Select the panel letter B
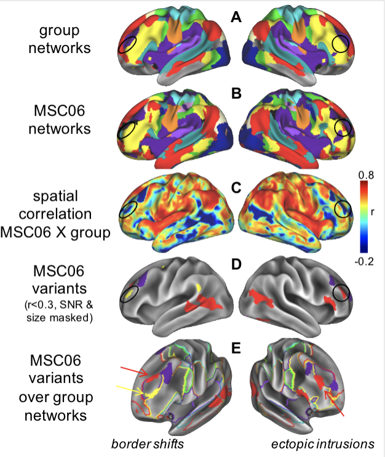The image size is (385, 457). coord(236,96)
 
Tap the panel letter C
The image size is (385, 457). coord(236,184)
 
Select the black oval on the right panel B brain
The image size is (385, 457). coord(342,127)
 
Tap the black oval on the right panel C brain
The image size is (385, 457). coord(342,209)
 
